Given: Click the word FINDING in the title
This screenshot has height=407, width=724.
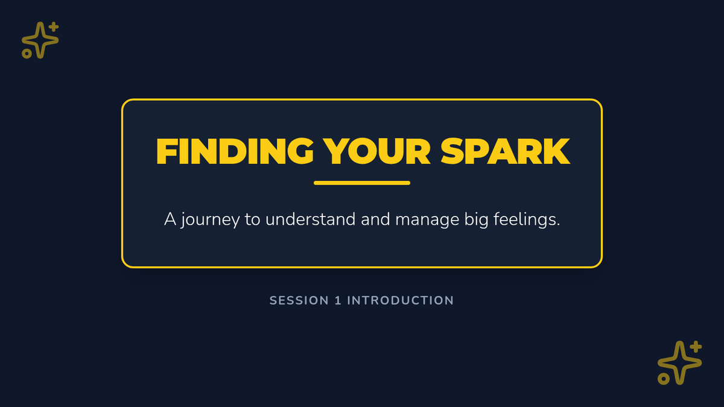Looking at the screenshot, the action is [x=235, y=151].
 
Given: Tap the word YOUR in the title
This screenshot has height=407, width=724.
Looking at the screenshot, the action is [x=377, y=151].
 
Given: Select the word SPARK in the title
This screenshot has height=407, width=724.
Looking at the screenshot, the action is [x=505, y=151].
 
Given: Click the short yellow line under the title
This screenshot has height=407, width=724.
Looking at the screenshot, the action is [x=362, y=183].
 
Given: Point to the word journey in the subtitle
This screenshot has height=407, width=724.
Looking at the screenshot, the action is [x=211, y=220].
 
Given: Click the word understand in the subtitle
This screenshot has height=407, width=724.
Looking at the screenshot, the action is [x=310, y=219].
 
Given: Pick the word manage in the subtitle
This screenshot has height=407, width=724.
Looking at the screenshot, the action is [x=427, y=220].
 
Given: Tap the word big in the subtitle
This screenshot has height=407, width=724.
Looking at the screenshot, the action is [x=476, y=220].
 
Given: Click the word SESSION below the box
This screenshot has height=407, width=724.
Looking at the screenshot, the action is [x=299, y=300].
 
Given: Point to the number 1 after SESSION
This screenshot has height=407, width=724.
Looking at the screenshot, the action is [x=338, y=300].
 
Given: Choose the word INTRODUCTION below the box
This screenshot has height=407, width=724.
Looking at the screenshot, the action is [x=401, y=300].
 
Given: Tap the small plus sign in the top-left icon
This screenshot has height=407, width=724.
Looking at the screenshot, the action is [x=54, y=27].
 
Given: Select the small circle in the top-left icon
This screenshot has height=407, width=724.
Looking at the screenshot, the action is [x=27, y=54].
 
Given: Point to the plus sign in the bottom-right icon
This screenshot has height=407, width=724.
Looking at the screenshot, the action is [x=696, y=347].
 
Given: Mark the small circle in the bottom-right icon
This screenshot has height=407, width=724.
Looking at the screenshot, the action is [x=663, y=379].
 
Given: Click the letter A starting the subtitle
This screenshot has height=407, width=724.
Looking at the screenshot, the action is [x=170, y=219].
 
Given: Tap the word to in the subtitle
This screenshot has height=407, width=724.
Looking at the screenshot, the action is [x=252, y=220].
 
